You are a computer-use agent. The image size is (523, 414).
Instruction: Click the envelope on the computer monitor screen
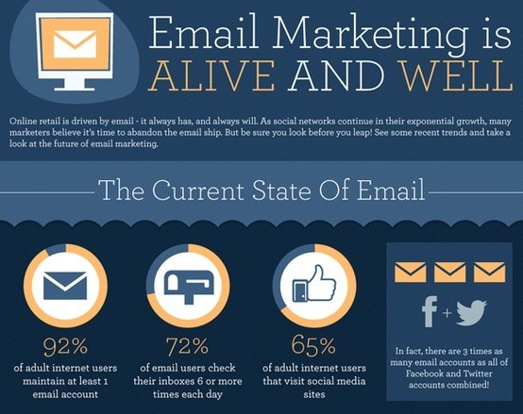tap(75, 43)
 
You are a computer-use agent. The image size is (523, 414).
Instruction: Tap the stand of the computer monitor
tap(75, 84)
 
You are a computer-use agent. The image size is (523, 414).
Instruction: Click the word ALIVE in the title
tap(210, 75)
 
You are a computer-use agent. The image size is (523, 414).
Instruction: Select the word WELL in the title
tap(457, 75)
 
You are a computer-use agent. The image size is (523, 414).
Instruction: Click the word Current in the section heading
tap(198, 190)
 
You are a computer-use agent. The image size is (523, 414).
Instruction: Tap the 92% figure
tap(65, 346)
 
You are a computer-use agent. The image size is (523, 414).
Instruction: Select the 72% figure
tap(188, 346)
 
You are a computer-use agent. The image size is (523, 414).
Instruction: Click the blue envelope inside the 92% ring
tap(65, 286)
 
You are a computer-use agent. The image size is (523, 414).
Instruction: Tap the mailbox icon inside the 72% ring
tap(189, 286)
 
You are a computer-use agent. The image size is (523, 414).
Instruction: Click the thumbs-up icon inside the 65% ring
tap(314, 284)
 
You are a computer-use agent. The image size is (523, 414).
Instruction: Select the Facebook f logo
tap(430, 311)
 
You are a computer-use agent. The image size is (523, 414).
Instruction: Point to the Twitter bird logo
tap(471, 313)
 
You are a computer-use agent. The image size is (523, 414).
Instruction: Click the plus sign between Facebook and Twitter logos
tap(447, 313)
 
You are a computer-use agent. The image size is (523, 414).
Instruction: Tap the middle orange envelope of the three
tap(449, 273)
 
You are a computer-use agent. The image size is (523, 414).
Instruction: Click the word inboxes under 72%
tap(179, 381)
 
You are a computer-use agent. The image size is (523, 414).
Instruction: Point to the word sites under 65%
tap(314, 395)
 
